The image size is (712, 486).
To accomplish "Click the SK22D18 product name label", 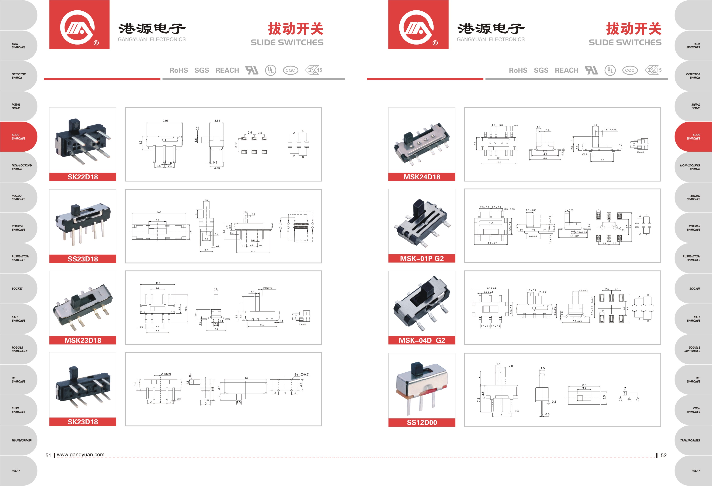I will [x=83, y=177].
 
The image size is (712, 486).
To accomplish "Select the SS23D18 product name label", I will [x=83, y=259].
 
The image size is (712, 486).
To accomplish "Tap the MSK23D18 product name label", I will [x=83, y=340].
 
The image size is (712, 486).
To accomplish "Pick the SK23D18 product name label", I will [x=83, y=422].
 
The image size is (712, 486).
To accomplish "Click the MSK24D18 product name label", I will [x=421, y=177].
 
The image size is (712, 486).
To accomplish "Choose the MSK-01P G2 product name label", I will [x=421, y=259].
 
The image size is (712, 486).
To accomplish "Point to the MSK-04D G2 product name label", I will [x=421, y=340].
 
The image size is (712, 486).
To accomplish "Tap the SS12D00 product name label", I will [x=421, y=422].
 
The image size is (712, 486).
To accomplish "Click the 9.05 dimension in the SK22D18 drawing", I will [x=166, y=121].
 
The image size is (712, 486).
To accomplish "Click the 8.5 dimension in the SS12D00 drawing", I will [x=584, y=385].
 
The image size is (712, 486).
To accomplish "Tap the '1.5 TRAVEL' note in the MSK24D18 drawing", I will [x=611, y=130].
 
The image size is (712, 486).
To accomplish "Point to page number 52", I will [x=664, y=455].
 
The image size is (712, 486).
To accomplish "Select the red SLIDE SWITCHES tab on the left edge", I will [x=18, y=137].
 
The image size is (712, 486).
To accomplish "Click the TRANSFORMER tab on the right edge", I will [x=690, y=440].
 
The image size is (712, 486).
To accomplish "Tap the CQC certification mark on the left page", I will [x=290, y=70].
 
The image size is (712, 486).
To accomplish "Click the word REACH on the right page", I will [x=566, y=70].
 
